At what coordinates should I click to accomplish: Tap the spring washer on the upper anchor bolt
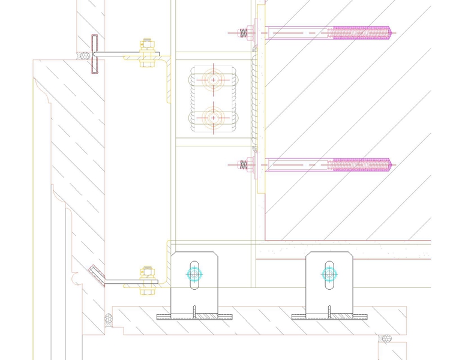(x=243, y=32)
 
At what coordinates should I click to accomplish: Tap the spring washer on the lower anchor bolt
(x=243, y=164)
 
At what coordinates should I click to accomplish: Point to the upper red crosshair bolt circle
(x=213, y=80)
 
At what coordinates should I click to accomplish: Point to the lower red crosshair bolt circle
(x=213, y=118)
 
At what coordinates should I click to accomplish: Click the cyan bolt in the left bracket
(x=194, y=274)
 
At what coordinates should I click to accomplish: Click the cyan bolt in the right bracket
(x=328, y=274)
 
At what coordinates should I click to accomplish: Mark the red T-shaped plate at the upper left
(x=94, y=55)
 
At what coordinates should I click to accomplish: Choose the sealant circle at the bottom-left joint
(x=109, y=319)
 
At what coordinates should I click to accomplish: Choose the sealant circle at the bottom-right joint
(x=386, y=340)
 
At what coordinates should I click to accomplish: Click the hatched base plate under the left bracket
(x=193, y=316)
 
